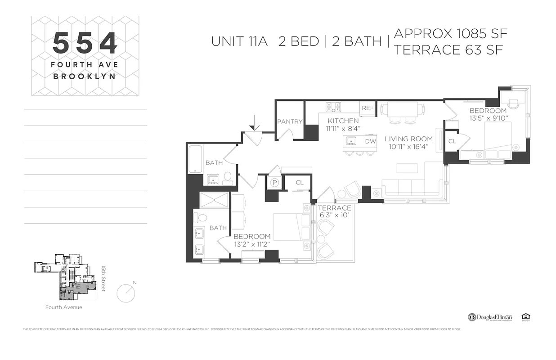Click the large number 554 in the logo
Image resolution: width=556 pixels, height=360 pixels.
85,43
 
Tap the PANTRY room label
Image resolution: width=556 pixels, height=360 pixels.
290,121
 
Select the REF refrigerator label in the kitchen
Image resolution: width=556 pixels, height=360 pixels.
368,108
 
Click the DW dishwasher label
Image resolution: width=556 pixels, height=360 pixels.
370,141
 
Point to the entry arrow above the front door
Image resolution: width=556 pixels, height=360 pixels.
254,122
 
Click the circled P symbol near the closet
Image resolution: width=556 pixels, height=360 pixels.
274,183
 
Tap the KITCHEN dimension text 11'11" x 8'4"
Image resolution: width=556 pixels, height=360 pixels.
343,128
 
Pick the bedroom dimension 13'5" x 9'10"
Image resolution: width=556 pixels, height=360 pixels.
488,118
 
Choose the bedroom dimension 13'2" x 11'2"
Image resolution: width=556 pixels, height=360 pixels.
252,244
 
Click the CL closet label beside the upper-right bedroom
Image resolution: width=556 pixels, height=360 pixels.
452,141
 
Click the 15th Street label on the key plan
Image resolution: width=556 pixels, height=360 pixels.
103,277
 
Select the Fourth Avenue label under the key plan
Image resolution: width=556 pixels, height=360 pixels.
63,307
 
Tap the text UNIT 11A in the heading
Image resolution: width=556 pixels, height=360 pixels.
239,41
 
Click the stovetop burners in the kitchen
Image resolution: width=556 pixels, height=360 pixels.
333,107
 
